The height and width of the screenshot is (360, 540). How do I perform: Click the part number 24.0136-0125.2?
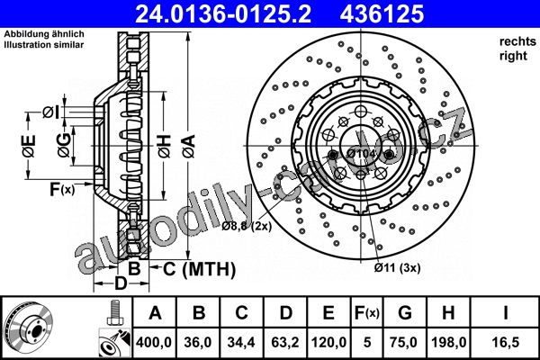point(223,13)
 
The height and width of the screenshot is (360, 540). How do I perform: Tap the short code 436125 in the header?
point(382,13)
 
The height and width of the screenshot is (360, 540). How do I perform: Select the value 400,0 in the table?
point(154,342)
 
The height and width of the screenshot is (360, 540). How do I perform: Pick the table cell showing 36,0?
point(198,342)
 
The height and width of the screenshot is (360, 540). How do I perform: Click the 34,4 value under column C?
point(241,342)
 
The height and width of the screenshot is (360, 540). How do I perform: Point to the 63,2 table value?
point(285,342)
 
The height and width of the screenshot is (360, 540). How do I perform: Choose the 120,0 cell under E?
point(328,342)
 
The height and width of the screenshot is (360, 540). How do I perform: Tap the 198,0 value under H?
point(449,342)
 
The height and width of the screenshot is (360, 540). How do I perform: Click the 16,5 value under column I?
point(505,342)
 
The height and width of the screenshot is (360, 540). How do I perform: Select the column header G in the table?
point(405,313)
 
